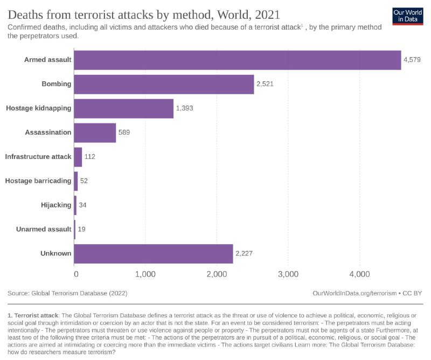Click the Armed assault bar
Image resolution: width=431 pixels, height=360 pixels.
point(237,60)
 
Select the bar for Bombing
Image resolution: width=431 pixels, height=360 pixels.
point(164,84)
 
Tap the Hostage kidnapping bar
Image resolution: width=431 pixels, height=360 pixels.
point(123,108)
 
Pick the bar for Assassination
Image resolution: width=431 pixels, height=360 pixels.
point(95,133)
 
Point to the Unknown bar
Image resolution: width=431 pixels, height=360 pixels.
point(154,253)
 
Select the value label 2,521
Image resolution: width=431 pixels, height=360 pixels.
point(265,84)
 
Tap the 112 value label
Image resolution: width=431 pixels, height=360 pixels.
point(90,157)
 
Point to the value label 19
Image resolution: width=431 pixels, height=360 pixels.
point(81,229)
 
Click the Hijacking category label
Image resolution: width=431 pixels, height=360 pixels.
point(56,205)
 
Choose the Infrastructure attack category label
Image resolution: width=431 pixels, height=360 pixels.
point(38,157)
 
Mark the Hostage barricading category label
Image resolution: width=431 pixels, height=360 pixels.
point(38,181)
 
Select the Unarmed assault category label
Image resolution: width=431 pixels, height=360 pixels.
point(43,229)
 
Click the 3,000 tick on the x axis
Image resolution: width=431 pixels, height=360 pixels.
point(288,274)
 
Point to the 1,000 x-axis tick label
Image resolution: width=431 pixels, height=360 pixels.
point(145,274)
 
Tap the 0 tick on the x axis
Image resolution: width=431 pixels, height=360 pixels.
point(75,274)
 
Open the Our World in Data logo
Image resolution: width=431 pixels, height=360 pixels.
point(407,16)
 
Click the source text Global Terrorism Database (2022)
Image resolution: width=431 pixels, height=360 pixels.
point(79,293)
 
